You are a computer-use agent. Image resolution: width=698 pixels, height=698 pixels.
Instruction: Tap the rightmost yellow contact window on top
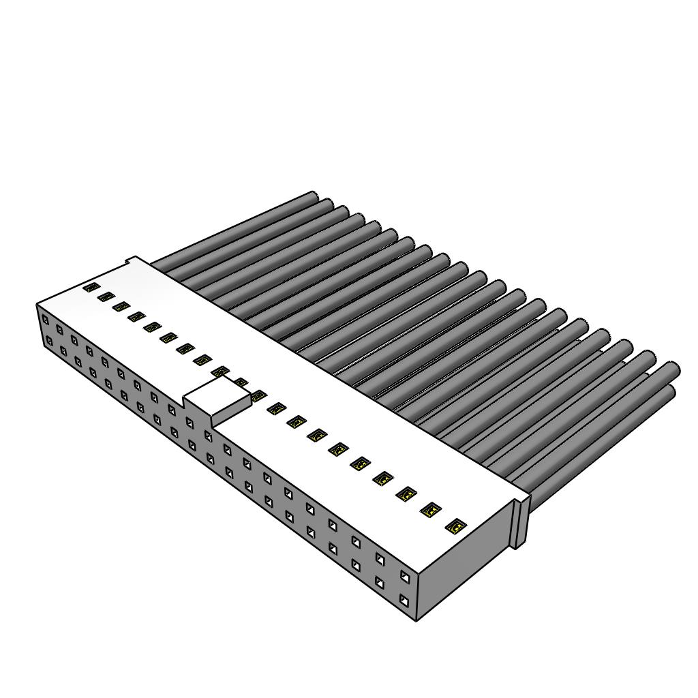[x=456, y=526]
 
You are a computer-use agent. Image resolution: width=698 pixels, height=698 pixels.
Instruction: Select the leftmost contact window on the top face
[x=90, y=288]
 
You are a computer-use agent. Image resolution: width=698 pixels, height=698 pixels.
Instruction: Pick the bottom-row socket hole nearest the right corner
[x=405, y=601]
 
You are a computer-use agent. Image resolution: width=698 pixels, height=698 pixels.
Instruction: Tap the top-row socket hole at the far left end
[x=45, y=319]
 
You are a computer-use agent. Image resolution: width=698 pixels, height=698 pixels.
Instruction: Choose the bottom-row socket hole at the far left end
[x=48, y=340]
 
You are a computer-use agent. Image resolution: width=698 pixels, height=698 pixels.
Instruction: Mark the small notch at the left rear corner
[x=132, y=261]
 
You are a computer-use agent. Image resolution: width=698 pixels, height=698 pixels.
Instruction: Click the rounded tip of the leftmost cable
[x=314, y=196]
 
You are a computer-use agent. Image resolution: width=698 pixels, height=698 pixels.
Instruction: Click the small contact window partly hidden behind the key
[x=241, y=382]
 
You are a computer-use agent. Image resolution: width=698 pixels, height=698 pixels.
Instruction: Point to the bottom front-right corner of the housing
[x=416, y=619]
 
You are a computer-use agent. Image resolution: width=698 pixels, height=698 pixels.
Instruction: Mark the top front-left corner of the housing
[x=37, y=305]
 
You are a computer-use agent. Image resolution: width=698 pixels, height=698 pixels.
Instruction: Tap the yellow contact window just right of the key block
[x=258, y=395]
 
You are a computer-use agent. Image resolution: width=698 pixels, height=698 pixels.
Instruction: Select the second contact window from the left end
[x=105, y=297]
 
